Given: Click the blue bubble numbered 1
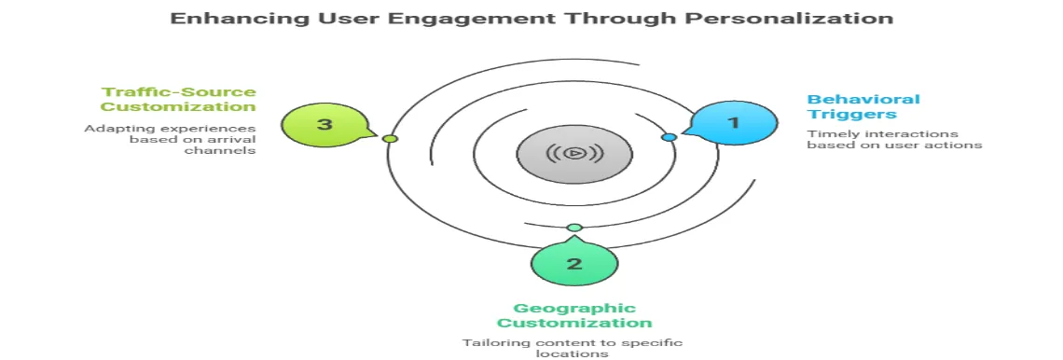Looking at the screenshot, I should pyautogui.click(x=733, y=122).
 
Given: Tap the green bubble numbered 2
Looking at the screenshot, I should pyautogui.click(x=573, y=263).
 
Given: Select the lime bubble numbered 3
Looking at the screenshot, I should pyautogui.click(x=324, y=124).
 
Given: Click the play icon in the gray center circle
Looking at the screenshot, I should pyautogui.click(x=573, y=154).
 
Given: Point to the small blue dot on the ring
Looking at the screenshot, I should pyautogui.click(x=669, y=137).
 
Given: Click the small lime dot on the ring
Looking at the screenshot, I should pyautogui.click(x=391, y=138).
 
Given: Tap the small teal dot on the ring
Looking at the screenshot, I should pyautogui.click(x=574, y=228).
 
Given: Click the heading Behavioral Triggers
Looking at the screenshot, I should pyautogui.click(x=850, y=106).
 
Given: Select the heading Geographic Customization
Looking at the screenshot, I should pyautogui.click(x=573, y=315).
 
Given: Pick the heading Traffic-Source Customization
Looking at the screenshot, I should pyautogui.click(x=179, y=99).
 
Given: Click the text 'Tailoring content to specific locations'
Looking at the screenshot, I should pyautogui.click(x=573, y=348).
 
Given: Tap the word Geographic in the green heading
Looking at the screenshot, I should pyautogui.click(x=573, y=308).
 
